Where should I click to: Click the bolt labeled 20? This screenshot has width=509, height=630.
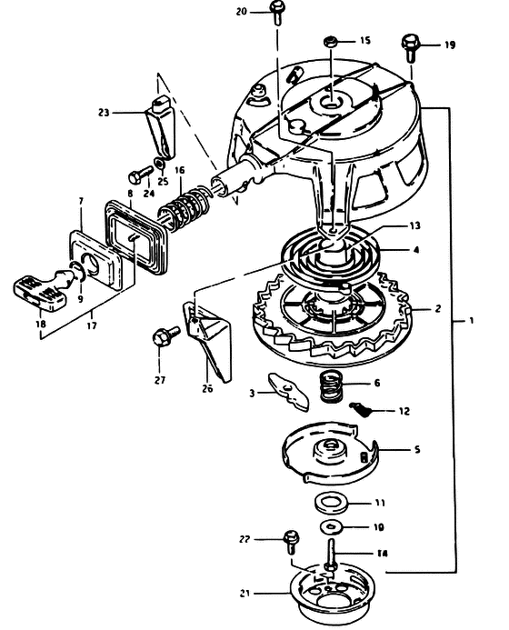click(x=276, y=13)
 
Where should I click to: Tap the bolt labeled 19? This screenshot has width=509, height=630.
click(x=410, y=48)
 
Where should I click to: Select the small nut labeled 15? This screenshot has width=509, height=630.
click(x=330, y=42)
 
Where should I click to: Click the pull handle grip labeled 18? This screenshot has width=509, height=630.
click(x=40, y=292)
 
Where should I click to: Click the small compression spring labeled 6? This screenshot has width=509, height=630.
click(x=333, y=386)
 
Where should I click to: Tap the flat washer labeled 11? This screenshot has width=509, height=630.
click(x=331, y=504)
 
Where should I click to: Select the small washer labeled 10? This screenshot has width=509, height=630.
click(x=331, y=526)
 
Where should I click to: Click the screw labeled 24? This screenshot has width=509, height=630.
click(x=140, y=175)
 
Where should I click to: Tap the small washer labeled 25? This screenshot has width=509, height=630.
click(x=160, y=164)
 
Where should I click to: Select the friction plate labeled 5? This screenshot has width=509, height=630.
click(x=329, y=452)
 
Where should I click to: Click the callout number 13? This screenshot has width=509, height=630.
click(x=415, y=225)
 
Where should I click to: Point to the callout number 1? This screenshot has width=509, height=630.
click(x=472, y=321)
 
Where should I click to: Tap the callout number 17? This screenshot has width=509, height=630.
click(x=92, y=325)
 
